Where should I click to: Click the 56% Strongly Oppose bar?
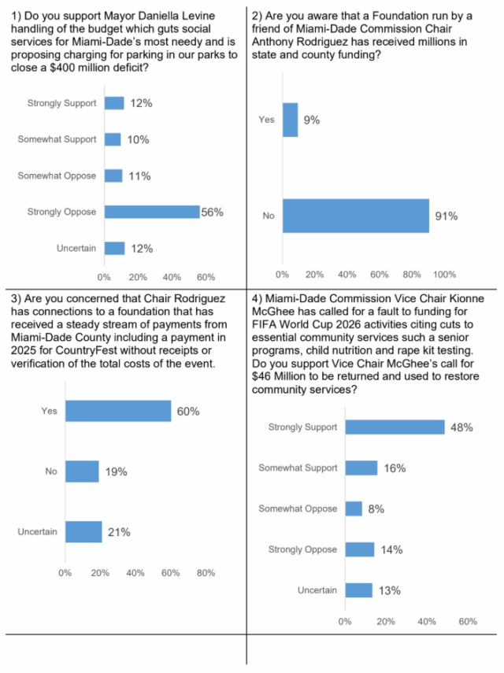coord(153,212)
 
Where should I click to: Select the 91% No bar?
coord(356,216)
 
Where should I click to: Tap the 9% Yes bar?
coord(291,120)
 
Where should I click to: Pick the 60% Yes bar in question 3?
coord(118,411)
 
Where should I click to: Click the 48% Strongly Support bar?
coord(395,427)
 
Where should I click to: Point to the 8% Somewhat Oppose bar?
coord(354,508)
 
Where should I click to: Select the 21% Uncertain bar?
coord(83,532)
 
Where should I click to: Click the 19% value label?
coord(117,471)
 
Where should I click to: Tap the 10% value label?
coord(139,139)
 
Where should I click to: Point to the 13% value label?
coord(390,590)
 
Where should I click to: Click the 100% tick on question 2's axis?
coord(444,274)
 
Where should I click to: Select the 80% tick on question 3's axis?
coord(206,573)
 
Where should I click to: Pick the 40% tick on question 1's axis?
coord(172,277)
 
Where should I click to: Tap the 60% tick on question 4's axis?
coord(468,622)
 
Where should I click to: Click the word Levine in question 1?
coord(198,16)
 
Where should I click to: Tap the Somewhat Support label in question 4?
coord(298,468)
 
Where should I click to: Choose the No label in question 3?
coord(51,471)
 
